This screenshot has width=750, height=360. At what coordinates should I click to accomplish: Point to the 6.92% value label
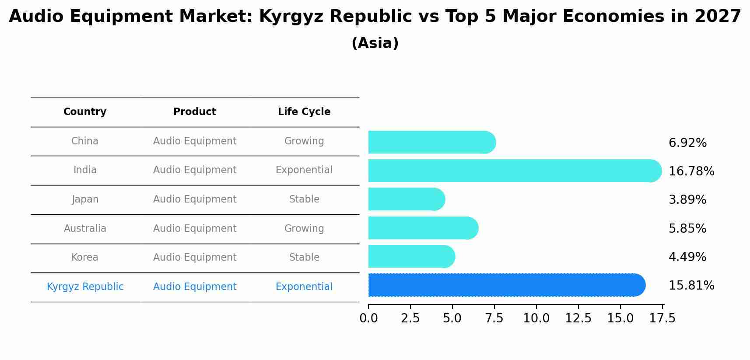point(687,143)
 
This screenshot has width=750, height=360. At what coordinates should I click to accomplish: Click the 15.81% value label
point(691,286)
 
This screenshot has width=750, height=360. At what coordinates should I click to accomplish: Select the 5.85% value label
point(687,228)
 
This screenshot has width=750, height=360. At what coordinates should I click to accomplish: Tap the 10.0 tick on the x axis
point(536,318)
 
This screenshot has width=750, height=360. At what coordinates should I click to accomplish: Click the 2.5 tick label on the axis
point(410,318)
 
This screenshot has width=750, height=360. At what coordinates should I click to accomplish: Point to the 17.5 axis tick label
point(662,318)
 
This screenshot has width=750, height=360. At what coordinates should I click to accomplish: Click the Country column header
point(85,112)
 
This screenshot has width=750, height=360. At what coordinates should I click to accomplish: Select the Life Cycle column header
point(304,112)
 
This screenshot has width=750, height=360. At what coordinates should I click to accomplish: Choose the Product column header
point(195,112)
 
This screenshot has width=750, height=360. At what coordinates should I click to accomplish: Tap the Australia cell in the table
point(85,228)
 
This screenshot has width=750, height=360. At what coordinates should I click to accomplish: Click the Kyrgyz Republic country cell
point(85,287)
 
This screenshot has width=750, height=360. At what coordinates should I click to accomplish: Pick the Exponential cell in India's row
point(304,170)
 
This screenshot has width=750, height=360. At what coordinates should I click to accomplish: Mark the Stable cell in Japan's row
point(304,199)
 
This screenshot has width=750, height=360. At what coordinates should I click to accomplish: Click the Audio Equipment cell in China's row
point(195,141)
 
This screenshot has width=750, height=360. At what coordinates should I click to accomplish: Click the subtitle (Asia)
point(375,43)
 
